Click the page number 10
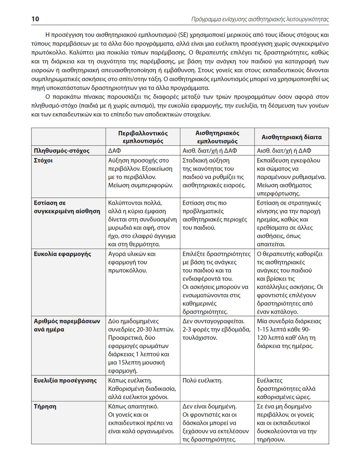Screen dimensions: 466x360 point(35,19)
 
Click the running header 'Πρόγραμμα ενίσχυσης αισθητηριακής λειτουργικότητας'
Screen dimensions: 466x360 point(260,20)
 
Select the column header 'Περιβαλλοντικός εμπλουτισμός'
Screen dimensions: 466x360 point(143,137)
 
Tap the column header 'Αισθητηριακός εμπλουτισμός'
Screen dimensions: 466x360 point(217,137)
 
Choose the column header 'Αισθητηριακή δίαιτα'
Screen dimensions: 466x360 point(291,137)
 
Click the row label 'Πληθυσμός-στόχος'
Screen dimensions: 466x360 point(61,151)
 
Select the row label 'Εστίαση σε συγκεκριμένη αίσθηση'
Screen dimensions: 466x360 point(67,207)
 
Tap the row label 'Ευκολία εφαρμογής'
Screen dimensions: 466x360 point(62,254)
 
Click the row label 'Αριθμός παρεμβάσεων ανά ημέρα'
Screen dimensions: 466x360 point(67,325)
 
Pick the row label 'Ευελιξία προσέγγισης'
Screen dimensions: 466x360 point(65,380)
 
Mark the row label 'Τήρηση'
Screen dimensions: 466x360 point(45,406)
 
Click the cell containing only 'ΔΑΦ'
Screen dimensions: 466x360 point(114,151)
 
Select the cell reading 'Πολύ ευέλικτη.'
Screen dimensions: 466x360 point(203,380)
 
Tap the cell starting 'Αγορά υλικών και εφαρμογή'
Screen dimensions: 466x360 point(132,262)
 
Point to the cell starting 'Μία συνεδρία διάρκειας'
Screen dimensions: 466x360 point(289,333)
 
